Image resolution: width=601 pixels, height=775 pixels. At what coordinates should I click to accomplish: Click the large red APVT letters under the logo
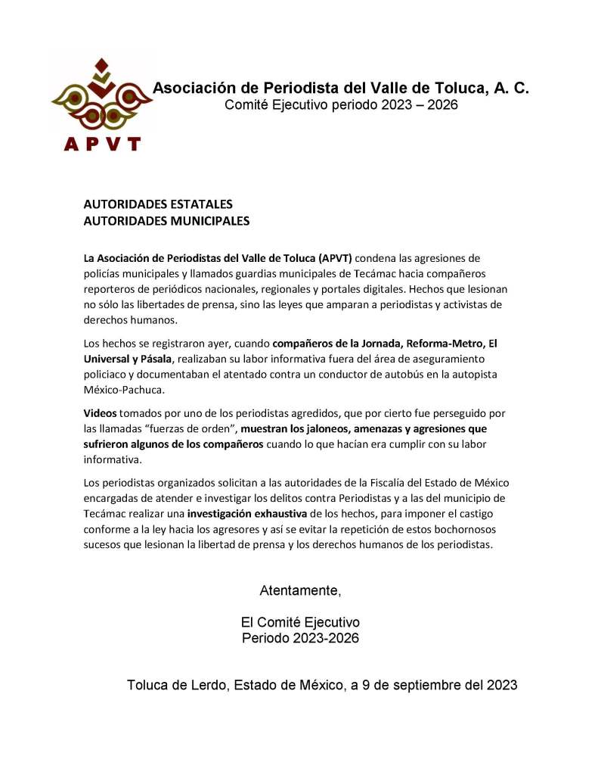pos(103,142)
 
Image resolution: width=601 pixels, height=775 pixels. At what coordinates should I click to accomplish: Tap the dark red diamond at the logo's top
pos(104,64)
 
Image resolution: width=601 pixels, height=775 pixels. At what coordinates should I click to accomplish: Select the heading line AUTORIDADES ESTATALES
pos(157,204)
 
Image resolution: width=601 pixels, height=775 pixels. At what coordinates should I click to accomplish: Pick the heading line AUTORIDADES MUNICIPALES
pos(166,221)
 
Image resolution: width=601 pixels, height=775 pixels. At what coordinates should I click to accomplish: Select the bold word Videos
pos(101,413)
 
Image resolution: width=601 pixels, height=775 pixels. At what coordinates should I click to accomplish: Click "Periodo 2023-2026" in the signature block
pos(300,638)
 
